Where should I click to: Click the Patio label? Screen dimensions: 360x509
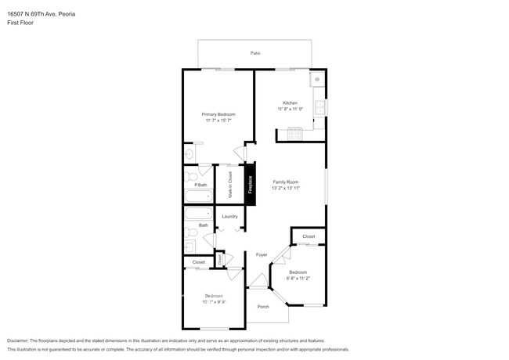pos(255,52)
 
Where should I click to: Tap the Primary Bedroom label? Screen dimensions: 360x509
pos(218,114)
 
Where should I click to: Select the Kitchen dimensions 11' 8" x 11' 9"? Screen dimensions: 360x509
pos(290,109)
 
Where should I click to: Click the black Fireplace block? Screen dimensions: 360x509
pos(251,185)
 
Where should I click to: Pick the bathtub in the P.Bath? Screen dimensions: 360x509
pos(198,196)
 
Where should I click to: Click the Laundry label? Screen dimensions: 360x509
pos(229,216)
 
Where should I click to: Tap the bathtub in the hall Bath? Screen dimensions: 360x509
pos(198,212)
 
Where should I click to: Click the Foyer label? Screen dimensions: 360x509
pos(262,254)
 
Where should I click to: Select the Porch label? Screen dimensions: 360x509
pos(263,306)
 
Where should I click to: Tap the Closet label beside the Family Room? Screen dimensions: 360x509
pos(309,236)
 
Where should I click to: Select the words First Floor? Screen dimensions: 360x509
pos(20,23)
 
